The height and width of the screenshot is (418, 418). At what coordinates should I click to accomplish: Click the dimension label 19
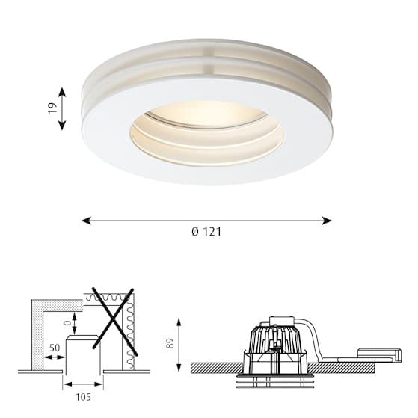[x=53, y=108]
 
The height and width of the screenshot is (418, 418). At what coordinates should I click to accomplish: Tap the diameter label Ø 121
[x=206, y=232]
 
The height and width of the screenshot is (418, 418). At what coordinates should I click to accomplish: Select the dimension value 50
[x=55, y=348]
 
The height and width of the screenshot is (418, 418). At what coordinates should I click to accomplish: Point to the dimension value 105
[x=84, y=397]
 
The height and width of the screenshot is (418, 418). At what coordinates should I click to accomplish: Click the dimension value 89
[x=170, y=343]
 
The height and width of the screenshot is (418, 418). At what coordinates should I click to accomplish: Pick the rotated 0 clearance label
[x=68, y=323]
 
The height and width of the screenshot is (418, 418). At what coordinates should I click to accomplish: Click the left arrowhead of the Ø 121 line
[x=86, y=221]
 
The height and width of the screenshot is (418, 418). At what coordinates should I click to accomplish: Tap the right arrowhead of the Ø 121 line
[x=327, y=221]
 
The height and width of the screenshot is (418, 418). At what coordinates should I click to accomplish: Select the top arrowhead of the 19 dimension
[x=62, y=92]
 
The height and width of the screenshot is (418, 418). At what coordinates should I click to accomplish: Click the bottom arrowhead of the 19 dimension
[x=62, y=126]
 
